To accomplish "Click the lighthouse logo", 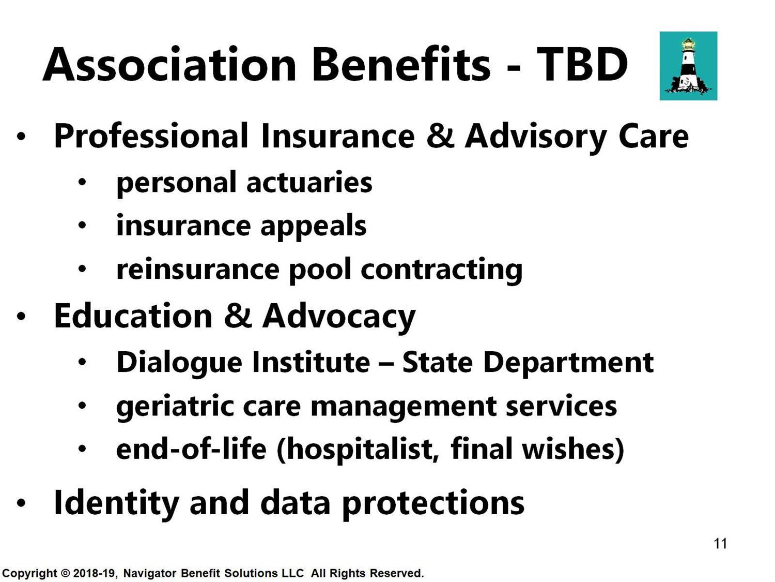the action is [x=688, y=66].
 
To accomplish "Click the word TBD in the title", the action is [x=582, y=65].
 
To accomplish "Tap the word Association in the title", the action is [x=169, y=65].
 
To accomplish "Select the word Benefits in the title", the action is [x=401, y=64].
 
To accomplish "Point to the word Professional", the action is [x=151, y=136].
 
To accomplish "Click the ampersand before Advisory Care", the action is [x=440, y=136].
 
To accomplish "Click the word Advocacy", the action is [x=338, y=317].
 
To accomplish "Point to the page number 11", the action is [x=720, y=544].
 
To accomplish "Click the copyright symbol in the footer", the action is [x=65, y=573].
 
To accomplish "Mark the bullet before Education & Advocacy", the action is [x=21, y=317].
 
